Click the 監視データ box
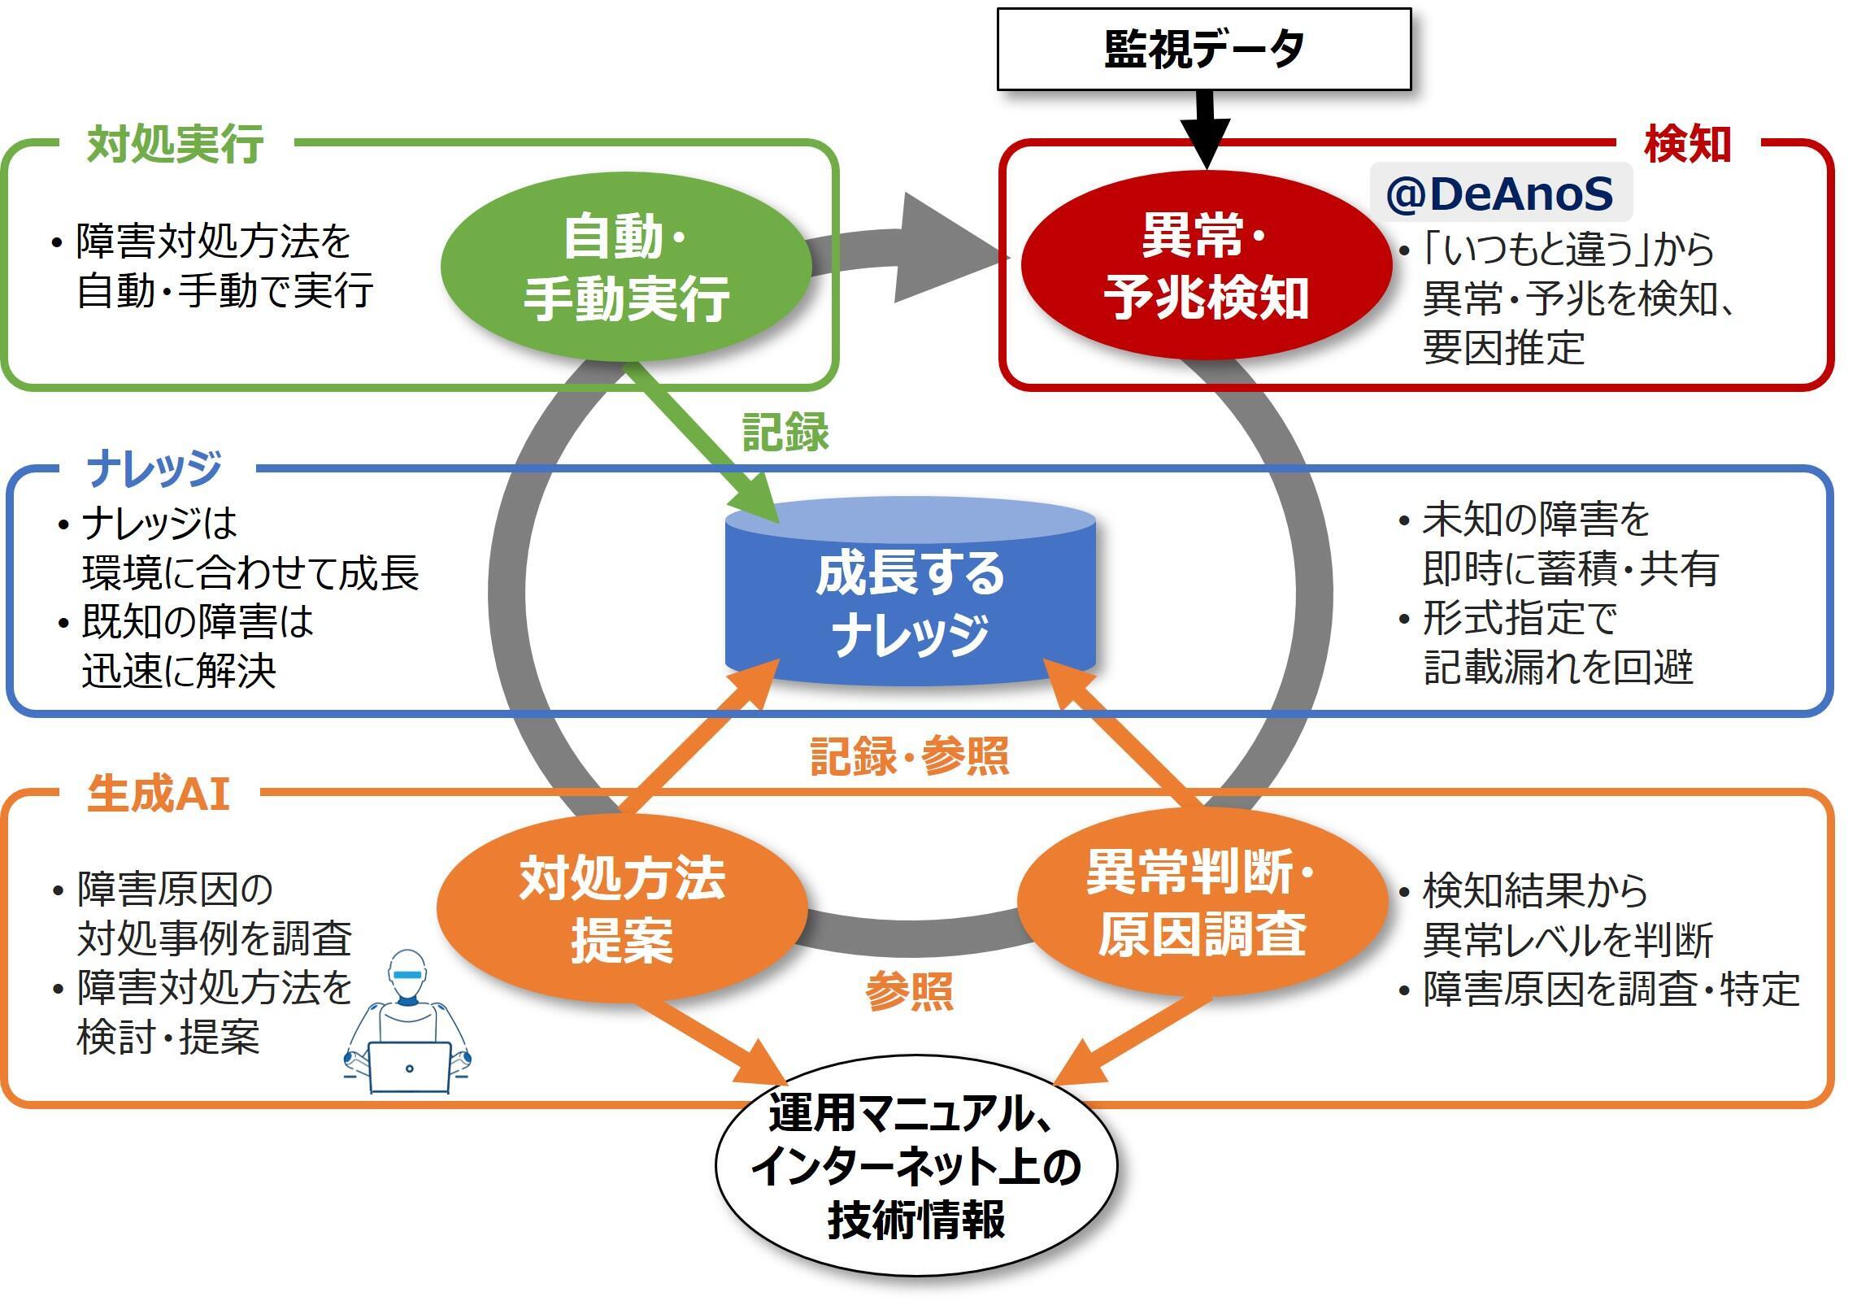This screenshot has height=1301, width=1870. pos(1204,49)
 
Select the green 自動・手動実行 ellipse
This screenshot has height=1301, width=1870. pos(625,267)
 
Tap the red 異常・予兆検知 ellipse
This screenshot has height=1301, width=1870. pos(1207,265)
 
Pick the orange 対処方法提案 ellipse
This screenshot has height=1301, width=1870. pos(622,907)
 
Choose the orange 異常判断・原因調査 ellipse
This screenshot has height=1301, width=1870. pos(1202,902)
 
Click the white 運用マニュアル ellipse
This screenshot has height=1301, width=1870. pos(916,1166)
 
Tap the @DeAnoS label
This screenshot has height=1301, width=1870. pos(1500,193)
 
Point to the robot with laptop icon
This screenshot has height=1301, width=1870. pos(407,1021)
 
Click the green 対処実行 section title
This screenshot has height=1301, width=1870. pos(175,144)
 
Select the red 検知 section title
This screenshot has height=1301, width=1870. pos(1688,144)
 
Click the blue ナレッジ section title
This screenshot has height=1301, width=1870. pos(154,468)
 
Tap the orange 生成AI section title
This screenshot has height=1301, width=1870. pos(159,794)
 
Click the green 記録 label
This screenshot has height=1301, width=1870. pos(786,432)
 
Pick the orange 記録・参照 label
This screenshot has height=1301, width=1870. pos(910,756)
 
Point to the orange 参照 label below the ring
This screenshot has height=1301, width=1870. pos(910,991)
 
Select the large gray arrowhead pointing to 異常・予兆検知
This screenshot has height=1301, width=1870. pos(950,249)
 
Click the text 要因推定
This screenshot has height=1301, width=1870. pos(1503,348)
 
